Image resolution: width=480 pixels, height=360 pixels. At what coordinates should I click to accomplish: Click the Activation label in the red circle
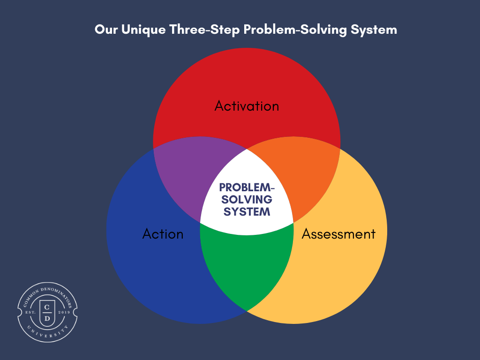[247, 106]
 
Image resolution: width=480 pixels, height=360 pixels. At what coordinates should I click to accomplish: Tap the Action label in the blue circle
[163, 233]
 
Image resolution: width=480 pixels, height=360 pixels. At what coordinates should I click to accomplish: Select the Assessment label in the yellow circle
[338, 233]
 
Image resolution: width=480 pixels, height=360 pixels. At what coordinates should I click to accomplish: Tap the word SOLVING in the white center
[247, 200]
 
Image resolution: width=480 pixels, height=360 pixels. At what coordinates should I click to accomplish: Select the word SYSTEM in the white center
[247, 211]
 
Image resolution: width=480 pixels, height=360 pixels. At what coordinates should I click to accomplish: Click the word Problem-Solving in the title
[291, 30]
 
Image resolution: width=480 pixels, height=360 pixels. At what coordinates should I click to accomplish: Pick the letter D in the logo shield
[47, 318]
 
